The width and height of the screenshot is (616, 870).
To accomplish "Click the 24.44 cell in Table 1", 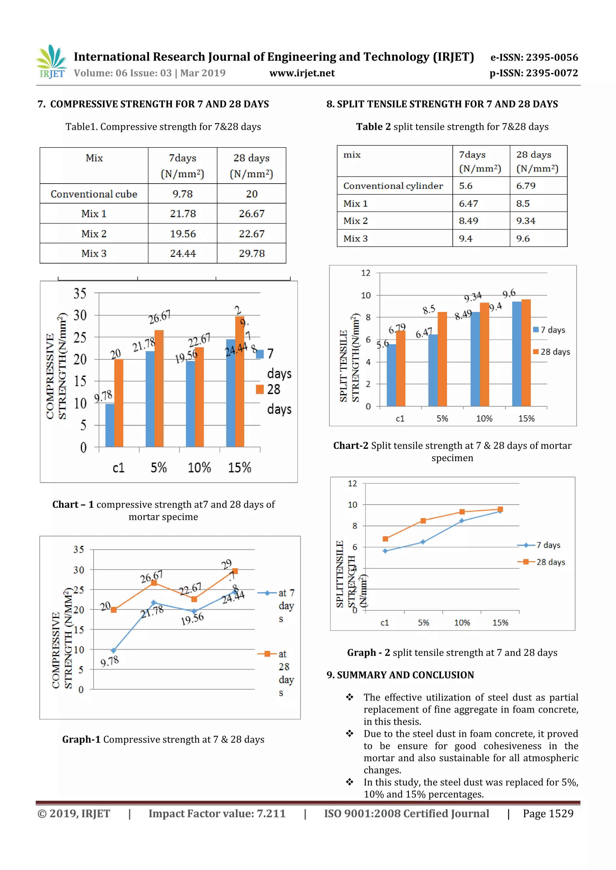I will [x=183, y=253].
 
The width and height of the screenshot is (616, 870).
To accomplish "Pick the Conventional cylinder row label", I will [x=393, y=186].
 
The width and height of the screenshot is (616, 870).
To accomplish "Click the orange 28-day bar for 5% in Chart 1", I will [x=159, y=388].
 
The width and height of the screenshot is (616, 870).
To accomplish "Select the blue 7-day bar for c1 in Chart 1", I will [x=109, y=425].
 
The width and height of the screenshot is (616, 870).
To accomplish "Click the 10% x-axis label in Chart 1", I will [x=199, y=467].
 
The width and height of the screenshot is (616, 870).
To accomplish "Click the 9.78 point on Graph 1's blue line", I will [x=113, y=651].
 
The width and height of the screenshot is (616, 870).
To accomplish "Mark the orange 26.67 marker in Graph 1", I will [x=154, y=583].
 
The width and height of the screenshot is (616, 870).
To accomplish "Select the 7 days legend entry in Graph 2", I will [x=542, y=545].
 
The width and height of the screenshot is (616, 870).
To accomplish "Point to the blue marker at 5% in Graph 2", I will [x=423, y=542].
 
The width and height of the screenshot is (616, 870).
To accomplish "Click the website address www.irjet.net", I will [x=302, y=73].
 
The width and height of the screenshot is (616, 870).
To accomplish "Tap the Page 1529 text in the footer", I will [x=548, y=813].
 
